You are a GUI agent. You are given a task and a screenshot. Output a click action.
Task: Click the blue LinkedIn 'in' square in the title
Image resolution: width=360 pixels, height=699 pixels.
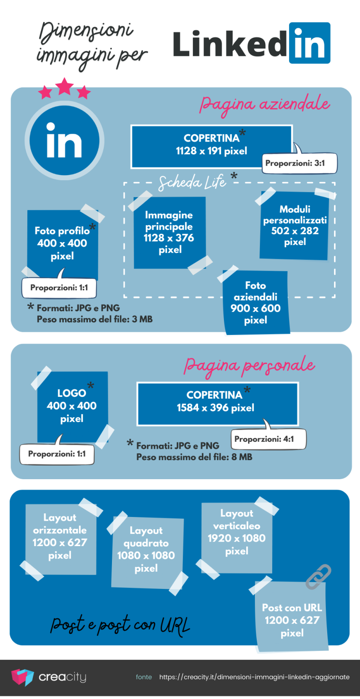309,43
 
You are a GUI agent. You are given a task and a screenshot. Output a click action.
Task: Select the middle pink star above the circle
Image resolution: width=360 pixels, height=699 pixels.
64,86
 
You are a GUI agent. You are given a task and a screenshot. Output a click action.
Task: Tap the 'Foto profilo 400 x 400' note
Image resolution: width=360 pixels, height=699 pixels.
62,243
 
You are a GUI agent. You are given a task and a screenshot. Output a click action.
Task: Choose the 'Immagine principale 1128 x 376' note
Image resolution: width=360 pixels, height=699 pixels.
169,232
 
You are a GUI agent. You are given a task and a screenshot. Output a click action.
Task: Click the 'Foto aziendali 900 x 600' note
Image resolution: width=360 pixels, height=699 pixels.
256,303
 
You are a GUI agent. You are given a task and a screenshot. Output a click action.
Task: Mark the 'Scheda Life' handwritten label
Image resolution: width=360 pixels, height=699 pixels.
193,182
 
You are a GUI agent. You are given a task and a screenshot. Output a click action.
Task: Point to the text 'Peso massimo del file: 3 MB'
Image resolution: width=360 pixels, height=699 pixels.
95,319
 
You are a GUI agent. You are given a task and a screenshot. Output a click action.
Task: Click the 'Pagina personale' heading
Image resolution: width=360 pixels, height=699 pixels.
249,365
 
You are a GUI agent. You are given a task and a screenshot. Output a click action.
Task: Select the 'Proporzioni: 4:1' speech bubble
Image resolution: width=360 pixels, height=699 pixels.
269,439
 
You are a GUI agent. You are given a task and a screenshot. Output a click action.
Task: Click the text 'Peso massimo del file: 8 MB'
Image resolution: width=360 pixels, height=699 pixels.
194,456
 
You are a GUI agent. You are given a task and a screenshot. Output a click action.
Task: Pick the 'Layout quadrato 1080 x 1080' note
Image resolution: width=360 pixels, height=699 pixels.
146,549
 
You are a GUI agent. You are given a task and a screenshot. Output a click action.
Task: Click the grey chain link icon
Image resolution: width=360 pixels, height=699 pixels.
318,577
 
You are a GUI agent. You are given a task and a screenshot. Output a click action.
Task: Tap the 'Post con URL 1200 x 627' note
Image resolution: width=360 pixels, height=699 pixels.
292,620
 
